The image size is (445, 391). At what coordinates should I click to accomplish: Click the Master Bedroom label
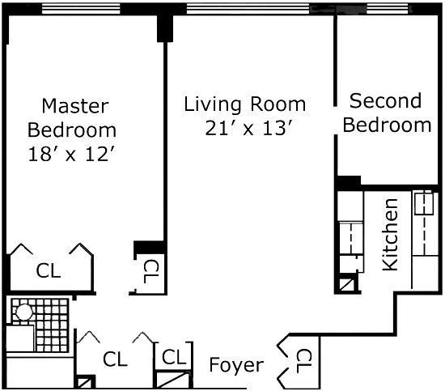[72, 118]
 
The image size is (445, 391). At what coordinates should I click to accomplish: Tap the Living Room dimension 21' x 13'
[248, 128]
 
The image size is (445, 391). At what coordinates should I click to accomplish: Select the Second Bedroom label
[387, 113]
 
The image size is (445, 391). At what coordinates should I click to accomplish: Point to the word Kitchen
[390, 235]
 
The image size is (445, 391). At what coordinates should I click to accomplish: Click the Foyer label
[236, 365]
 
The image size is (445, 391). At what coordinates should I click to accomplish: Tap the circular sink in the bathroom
[24, 312]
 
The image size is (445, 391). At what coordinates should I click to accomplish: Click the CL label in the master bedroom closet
[49, 270]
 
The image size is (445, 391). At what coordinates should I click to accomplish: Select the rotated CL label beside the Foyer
[304, 361]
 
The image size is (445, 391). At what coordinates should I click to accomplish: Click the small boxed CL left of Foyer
[174, 357]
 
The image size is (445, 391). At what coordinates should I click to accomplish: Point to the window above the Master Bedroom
[81, 9]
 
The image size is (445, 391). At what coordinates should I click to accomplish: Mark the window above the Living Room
[248, 9]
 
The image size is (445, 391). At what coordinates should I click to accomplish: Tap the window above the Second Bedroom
[389, 9]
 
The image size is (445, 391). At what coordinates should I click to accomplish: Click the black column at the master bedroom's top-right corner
[165, 28]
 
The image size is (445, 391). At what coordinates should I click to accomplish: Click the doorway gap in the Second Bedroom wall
[335, 121]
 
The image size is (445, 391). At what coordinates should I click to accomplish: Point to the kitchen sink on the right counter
[424, 203]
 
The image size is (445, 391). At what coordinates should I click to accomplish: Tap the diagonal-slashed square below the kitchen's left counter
[347, 284]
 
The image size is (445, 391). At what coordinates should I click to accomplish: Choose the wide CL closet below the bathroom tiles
[115, 359]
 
